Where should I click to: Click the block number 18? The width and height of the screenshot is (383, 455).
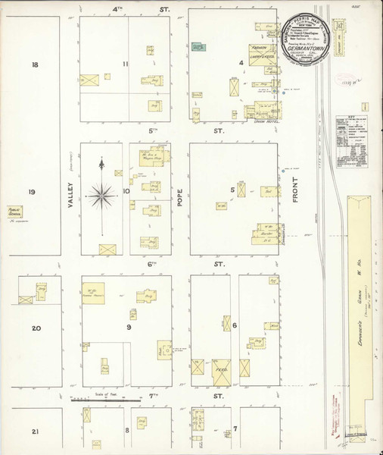(34, 65)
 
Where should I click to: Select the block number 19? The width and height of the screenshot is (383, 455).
(31, 192)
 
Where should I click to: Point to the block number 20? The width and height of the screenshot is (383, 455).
(36, 328)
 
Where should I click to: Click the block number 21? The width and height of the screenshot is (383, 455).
(35, 431)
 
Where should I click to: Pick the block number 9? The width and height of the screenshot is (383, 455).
(129, 328)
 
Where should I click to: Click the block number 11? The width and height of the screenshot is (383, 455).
(126, 64)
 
